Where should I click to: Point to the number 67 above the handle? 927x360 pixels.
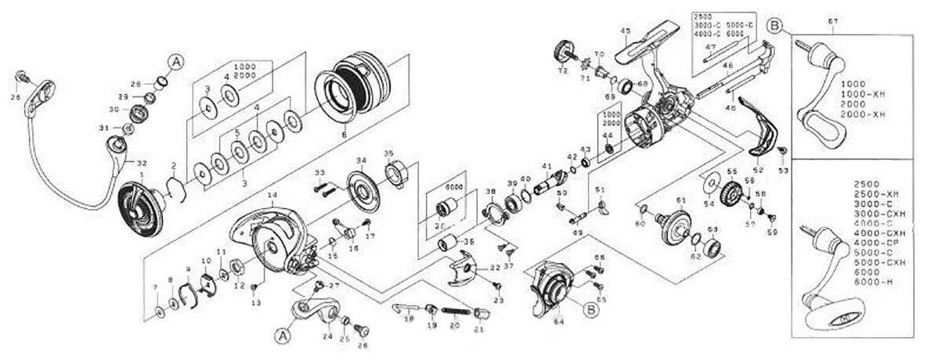coord(832,20)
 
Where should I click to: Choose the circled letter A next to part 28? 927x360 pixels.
coord(175,63)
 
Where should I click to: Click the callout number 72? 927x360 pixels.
coord(561,70)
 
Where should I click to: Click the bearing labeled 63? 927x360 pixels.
coord(712,250)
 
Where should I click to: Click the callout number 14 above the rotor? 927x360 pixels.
coord(272,193)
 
